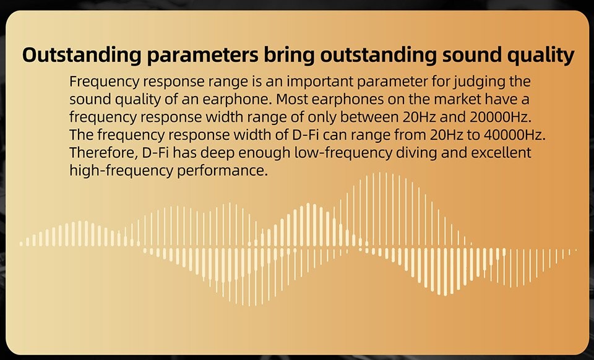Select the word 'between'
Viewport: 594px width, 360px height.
pyautogui.click(x=368, y=117)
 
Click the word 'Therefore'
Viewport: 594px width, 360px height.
pyautogui.click(x=103, y=153)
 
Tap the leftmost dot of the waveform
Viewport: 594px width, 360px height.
pyautogui.click(x=21, y=244)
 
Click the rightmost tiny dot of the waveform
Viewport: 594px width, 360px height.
pyautogui.click(x=576, y=250)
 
